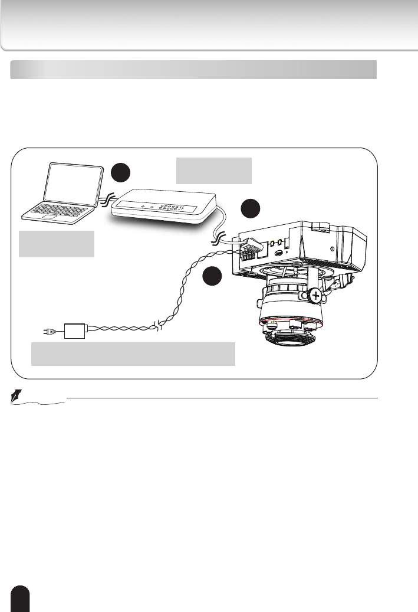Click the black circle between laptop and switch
(x=121, y=172)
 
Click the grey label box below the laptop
(x=57, y=244)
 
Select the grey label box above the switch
(x=214, y=171)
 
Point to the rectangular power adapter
(x=75, y=331)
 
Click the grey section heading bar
(x=193, y=69)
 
